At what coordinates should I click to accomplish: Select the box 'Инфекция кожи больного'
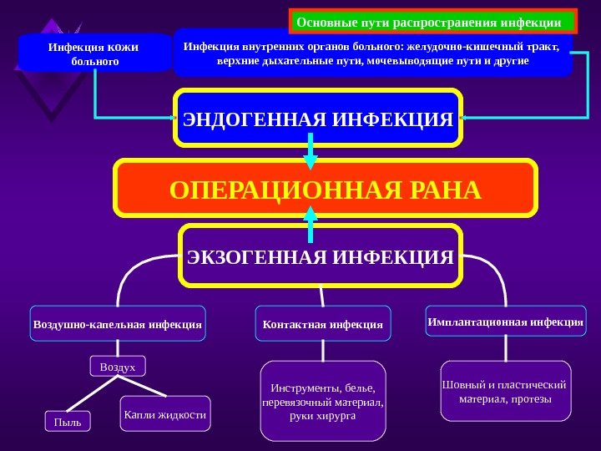coord(94,53)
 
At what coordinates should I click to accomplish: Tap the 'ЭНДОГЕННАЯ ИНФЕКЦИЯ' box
coord(318,118)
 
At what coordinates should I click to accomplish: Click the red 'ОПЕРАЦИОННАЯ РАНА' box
coord(326,190)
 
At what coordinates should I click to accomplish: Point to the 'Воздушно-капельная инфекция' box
coord(118,323)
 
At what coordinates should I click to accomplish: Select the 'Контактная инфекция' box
coord(322,323)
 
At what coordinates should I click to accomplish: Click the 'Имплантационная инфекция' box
coord(506,321)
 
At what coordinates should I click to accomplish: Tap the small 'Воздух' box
coord(117,367)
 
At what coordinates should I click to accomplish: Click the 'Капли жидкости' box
coord(165,413)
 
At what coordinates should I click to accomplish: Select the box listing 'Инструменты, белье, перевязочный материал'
coord(323,401)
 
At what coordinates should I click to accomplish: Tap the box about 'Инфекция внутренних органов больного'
coord(372,53)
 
